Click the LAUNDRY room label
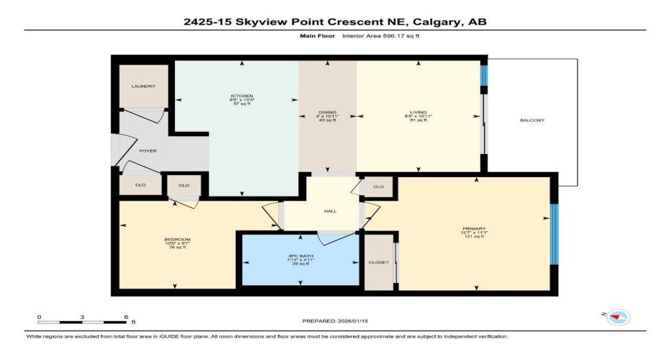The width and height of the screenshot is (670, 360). point(143,86)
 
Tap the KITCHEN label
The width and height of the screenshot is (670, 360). point(241,96)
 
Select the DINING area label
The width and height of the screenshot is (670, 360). point(328,113)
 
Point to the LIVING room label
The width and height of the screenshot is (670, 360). point(419,113)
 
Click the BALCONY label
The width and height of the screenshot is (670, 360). point(532,120)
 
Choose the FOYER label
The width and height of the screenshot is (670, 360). point(148,151)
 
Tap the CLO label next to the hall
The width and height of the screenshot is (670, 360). point(378,186)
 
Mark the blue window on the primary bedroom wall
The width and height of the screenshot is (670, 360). point(554,234)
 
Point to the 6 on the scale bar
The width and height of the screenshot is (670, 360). point(126,318)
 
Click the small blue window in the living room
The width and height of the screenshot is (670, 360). point(484,76)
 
